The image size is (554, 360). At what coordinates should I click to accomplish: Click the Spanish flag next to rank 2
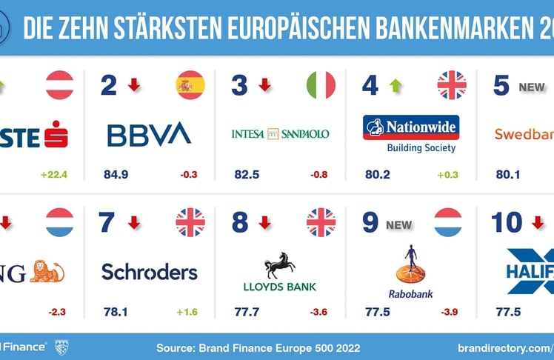click(x=190, y=85)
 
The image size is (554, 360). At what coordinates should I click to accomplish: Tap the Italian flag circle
click(x=321, y=85)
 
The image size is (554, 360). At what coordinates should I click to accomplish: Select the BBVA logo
click(x=149, y=134)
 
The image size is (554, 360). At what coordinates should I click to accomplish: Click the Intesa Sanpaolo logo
click(x=280, y=134)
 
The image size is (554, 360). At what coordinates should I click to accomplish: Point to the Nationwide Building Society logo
click(x=411, y=133)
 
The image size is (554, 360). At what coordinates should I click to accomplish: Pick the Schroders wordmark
click(x=150, y=272)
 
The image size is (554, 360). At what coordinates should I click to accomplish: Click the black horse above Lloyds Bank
click(x=280, y=264)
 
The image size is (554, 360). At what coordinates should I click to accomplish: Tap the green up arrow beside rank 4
click(x=396, y=85)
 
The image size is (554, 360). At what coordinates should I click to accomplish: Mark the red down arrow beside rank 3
click(x=264, y=85)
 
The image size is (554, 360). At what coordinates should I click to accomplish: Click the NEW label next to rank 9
click(x=398, y=223)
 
